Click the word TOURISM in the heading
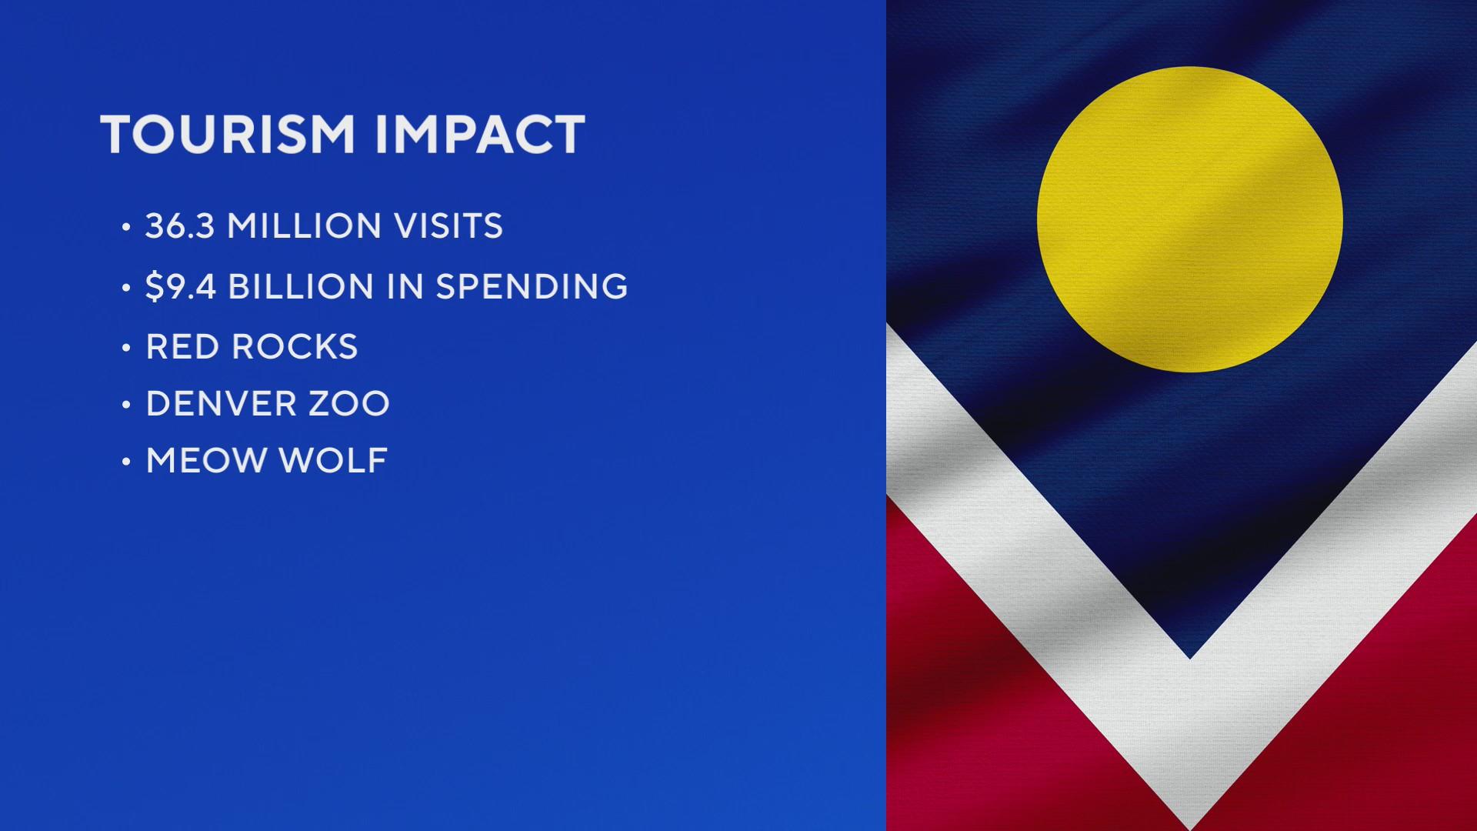click(x=228, y=135)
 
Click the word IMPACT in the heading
click(x=480, y=135)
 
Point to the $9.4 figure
click(x=181, y=286)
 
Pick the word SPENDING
click(x=532, y=286)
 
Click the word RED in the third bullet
click(x=182, y=347)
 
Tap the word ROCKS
click(x=295, y=347)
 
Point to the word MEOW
click(x=205, y=461)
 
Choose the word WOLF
click(x=332, y=461)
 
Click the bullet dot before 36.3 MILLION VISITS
click(x=126, y=227)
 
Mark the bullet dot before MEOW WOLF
click(x=126, y=462)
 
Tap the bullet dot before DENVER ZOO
click(x=126, y=405)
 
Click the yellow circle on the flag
click(x=1189, y=219)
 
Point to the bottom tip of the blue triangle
click(x=1189, y=659)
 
